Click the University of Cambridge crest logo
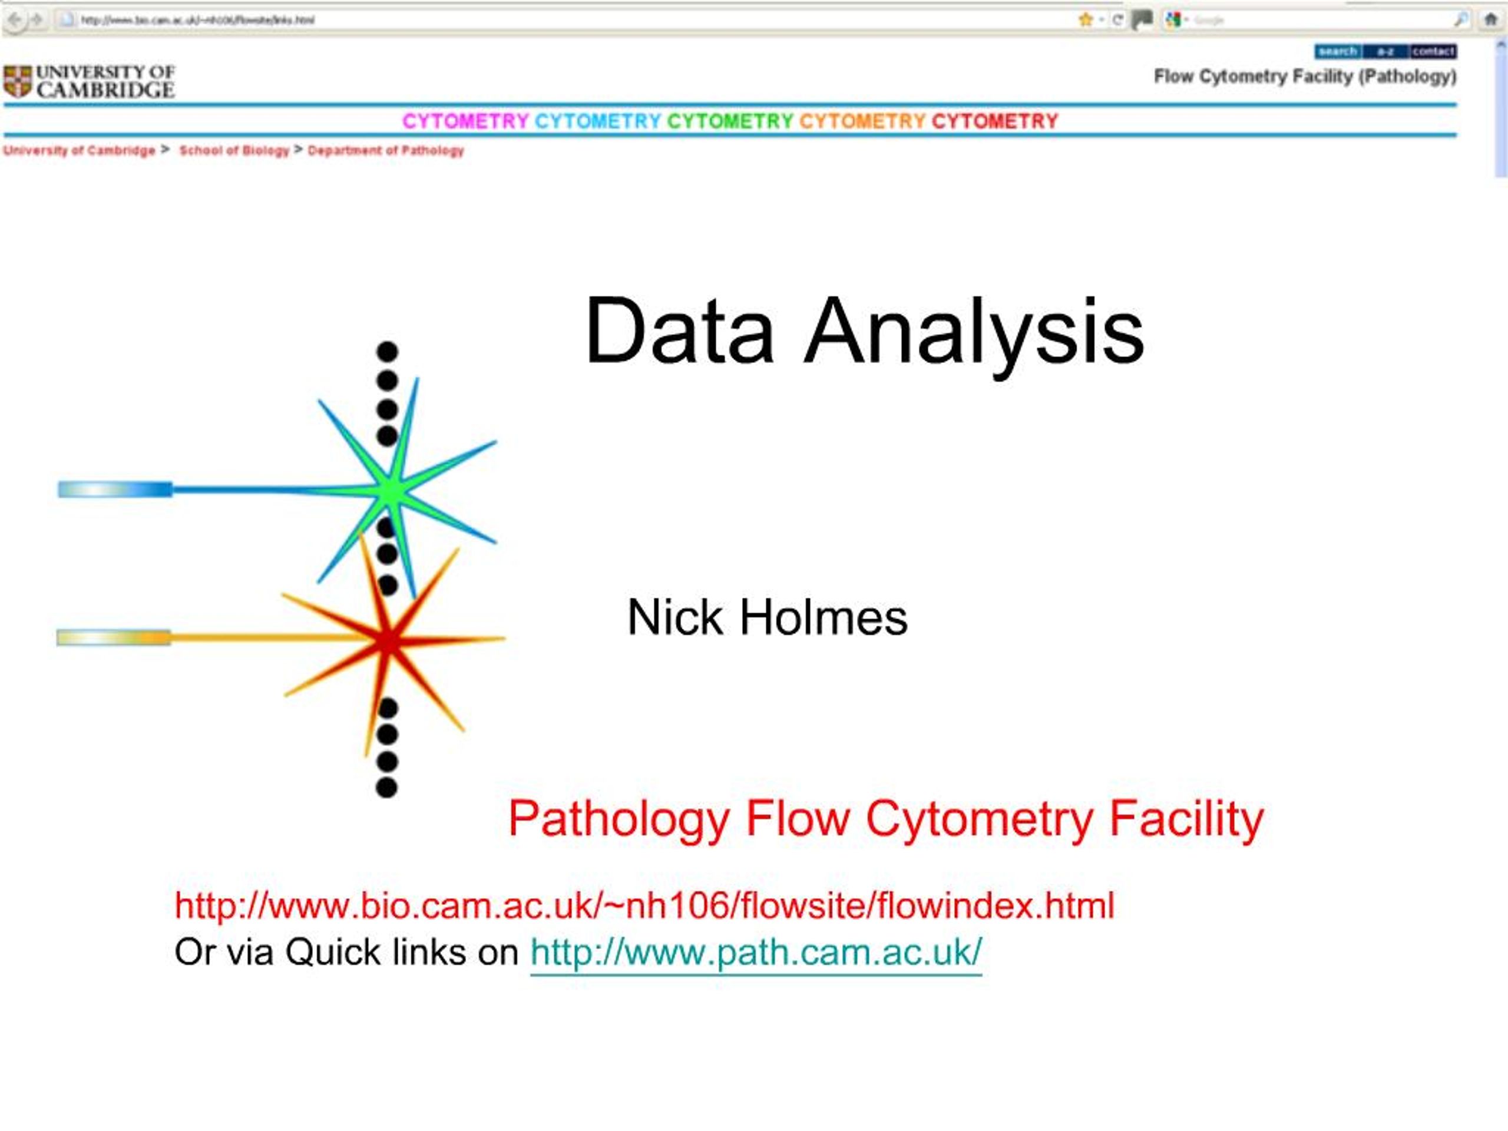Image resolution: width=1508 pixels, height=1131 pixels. (18, 81)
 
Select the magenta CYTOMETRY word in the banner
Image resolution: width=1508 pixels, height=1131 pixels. (465, 121)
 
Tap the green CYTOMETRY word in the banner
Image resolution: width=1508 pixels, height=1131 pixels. (729, 121)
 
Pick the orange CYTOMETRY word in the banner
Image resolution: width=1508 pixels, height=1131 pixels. (862, 121)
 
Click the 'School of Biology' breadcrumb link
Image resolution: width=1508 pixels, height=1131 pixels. (234, 151)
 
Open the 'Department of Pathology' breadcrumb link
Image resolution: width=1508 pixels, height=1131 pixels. (386, 151)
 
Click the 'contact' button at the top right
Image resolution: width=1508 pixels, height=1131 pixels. (1433, 52)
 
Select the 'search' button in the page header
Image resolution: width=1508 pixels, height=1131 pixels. (1338, 52)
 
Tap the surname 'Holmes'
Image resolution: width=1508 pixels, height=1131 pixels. (824, 618)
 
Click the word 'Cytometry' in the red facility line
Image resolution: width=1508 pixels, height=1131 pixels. (979, 819)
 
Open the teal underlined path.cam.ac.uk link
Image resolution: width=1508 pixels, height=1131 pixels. (755, 952)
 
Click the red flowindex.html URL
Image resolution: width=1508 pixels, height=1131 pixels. (644, 905)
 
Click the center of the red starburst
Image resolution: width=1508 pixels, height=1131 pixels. (389, 640)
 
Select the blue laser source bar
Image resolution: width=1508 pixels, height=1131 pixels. (114, 489)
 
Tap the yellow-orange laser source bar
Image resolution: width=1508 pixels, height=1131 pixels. (113, 637)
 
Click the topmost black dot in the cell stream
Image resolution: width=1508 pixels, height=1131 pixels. (387, 351)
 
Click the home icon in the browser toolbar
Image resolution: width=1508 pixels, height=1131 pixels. (1490, 20)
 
